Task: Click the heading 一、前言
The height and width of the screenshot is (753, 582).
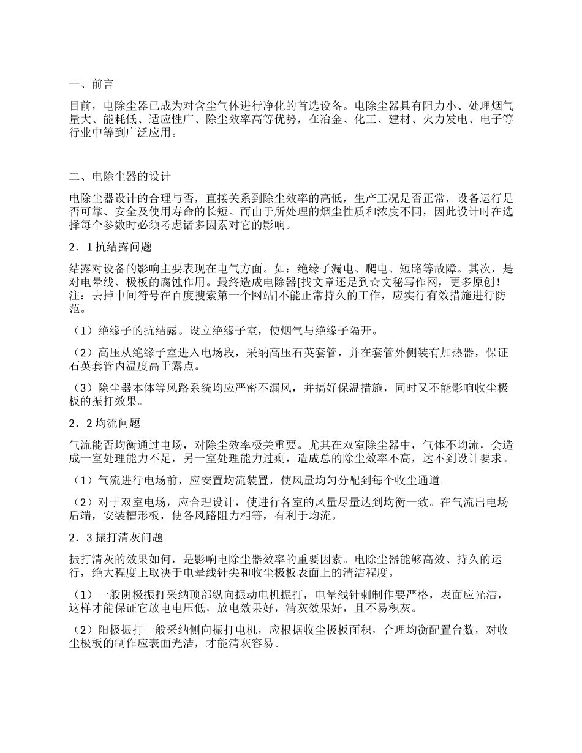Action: (91, 84)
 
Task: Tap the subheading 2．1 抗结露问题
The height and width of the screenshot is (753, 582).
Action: (111, 247)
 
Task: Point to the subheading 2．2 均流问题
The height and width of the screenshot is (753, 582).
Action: (105, 423)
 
